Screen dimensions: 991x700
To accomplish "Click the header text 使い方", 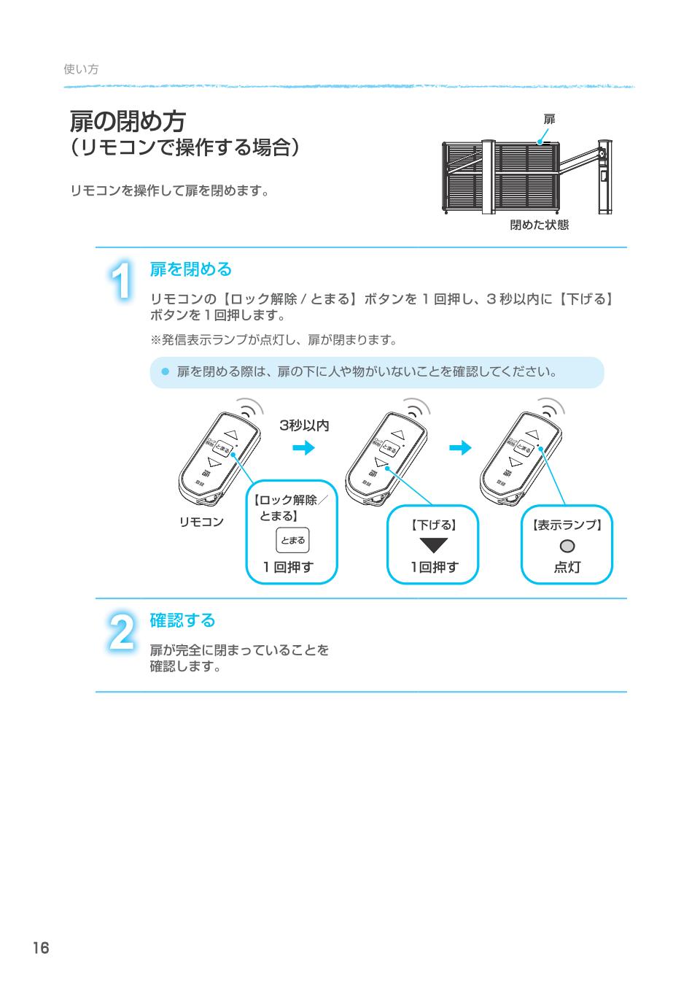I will (x=81, y=69).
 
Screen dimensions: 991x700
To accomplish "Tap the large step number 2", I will (x=122, y=632).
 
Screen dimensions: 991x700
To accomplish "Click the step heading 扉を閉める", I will (x=190, y=269).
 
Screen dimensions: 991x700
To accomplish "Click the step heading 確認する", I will (x=182, y=620).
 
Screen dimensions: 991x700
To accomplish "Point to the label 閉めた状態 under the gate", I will (x=539, y=225).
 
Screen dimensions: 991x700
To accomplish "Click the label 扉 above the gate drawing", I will (x=549, y=119).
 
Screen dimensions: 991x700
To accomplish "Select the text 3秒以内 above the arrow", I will (x=304, y=425).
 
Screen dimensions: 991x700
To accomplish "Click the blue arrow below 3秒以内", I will (x=303, y=448).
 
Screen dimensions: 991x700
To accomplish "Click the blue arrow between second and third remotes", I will (x=460, y=448).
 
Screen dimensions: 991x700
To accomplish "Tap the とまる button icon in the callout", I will (x=292, y=541).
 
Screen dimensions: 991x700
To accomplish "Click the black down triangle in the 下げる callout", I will (x=433, y=545).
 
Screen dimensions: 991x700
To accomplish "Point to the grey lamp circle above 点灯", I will (x=567, y=546).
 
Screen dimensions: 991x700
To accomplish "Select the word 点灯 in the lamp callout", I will (x=567, y=567).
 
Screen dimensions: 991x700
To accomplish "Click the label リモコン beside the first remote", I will (x=201, y=522).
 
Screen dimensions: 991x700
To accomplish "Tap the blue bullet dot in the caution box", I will (x=165, y=372).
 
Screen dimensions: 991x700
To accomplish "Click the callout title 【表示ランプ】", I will (x=567, y=525).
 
